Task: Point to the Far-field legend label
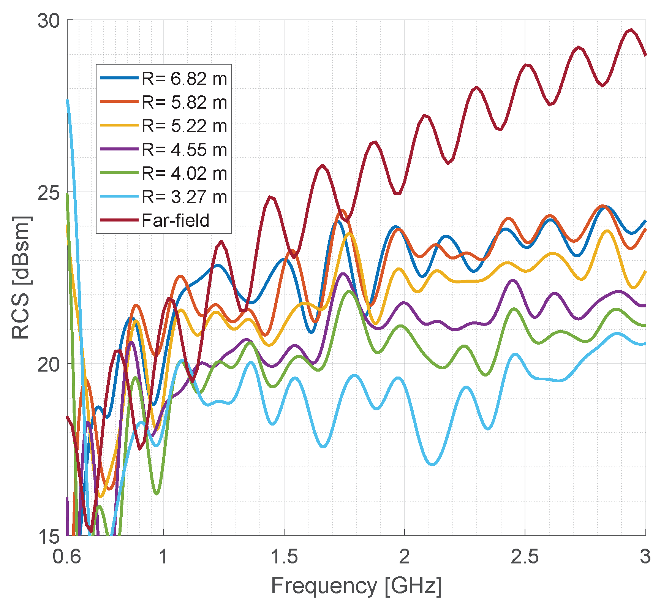click(175, 220)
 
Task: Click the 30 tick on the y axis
click(49, 21)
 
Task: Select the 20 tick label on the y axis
click(49, 364)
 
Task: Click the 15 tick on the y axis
click(49, 536)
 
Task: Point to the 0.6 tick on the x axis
click(67, 557)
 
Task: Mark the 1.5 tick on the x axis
click(284, 557)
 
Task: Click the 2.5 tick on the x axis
click(525, 557)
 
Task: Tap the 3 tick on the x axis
click(645, 557)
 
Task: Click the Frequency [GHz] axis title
click(356, 585)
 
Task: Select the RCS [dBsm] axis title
click(21, 277)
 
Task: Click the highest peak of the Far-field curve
click(631, 30)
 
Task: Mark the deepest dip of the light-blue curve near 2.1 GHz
click(433, 464)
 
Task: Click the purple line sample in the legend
click(119, 149)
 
